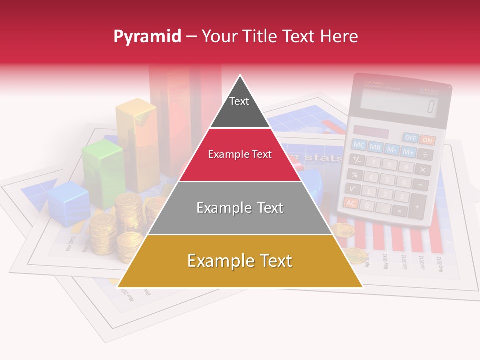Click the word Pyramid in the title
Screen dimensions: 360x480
coord(147,36)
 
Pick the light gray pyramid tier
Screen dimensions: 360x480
coord(240,208)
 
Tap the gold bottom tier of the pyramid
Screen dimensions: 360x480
coord(240,261)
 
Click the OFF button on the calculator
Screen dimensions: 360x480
coord(411,137)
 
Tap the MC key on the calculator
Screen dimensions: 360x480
coord(359,145)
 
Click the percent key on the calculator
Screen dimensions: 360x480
coord(354,174)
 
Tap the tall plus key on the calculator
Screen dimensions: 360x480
coord(417,205)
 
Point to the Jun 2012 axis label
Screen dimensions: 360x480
coord(404,261)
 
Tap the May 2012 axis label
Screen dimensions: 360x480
coord(385,260)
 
